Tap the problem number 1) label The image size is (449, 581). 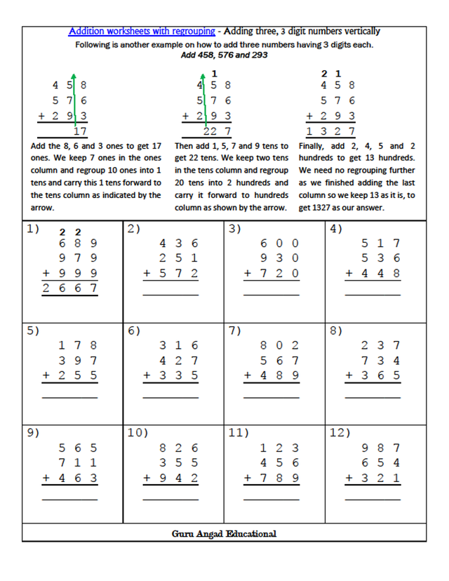pyautogui.click(x=33, y=229)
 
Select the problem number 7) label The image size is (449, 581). pyautogui.click(x=235, y=330)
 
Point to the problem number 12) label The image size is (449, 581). pyautogui.click(x=340, y=432)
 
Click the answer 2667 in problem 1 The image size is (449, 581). pyautogui.click(x=69, y=288)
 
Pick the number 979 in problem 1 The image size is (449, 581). pyautogui.click(x=78, y=258)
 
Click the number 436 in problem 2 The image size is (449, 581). pyautogui.click(x=179, y=243)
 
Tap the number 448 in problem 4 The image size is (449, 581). pyautogui.click(x=380, y=273)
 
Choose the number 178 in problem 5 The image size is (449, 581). pyautogui.click(x=78, y=345)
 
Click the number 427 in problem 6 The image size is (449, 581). pyautogui.click(x=179, y=360)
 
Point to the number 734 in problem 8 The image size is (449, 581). pyautogui.click(x=380, y=360)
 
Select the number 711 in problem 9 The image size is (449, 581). pyautogui.click(x=78, y=462)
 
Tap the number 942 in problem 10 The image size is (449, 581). pyautogui.click(x=179, y=477)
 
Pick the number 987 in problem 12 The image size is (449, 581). pyautogui.click(x=380, y=448)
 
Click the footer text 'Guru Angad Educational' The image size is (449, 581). pyautogui.click(x=224, y=534)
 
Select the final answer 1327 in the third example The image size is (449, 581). pyautogui.click(x=330, y=131)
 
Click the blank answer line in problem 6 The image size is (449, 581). pyautogui.click(x=170, y=398)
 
